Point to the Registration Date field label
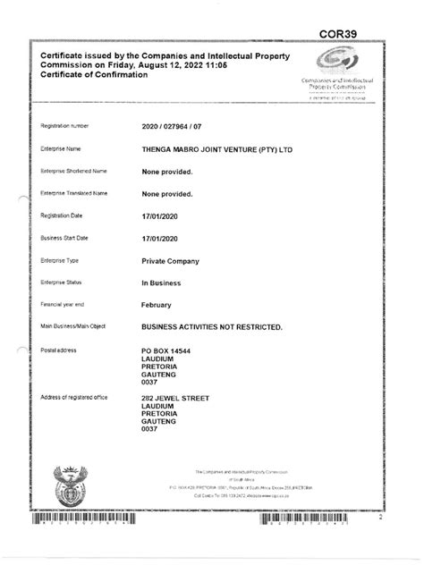click(x=62, y=216)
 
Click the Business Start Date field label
click(x=64, y=238)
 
